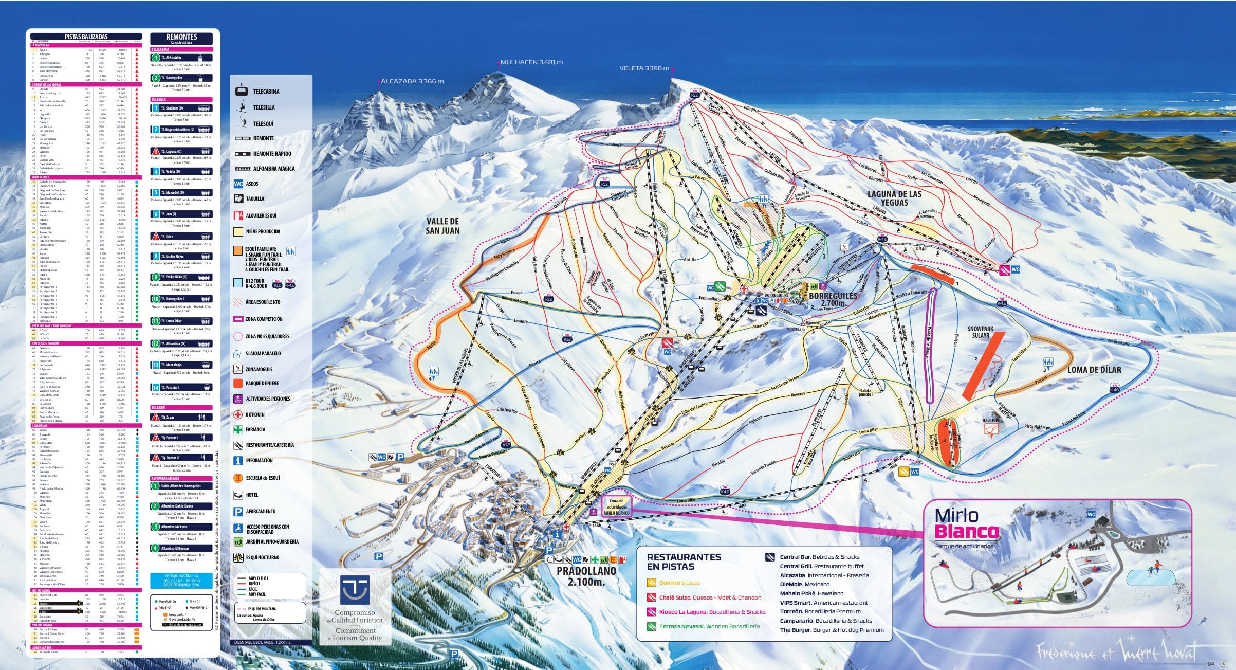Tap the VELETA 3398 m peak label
point(644,68)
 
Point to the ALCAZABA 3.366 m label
point(412,81)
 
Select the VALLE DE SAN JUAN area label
point(442,226)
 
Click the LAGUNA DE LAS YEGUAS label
point(894,198)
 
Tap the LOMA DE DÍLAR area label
point(1094,370)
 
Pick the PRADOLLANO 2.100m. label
point(586,576)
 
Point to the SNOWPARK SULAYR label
point(981,332)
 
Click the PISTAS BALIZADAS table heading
point(86,37)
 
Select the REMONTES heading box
point(181,39)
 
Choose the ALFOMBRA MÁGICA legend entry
point(273,169)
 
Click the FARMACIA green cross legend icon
point(238,430)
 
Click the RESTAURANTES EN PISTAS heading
point(684,562)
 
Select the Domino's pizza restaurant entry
point(679,583)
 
